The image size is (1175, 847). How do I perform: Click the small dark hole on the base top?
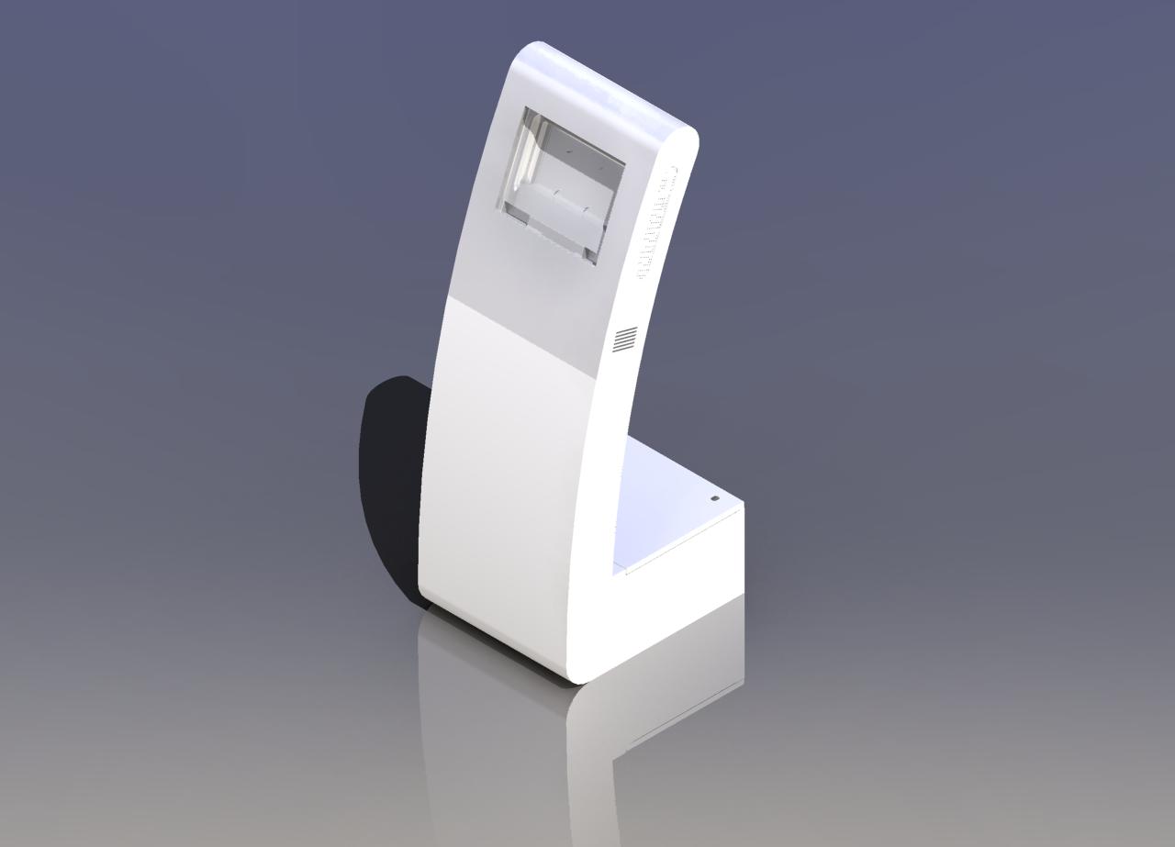716,498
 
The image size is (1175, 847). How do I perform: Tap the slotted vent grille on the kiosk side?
626,339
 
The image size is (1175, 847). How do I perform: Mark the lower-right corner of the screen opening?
596,264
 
